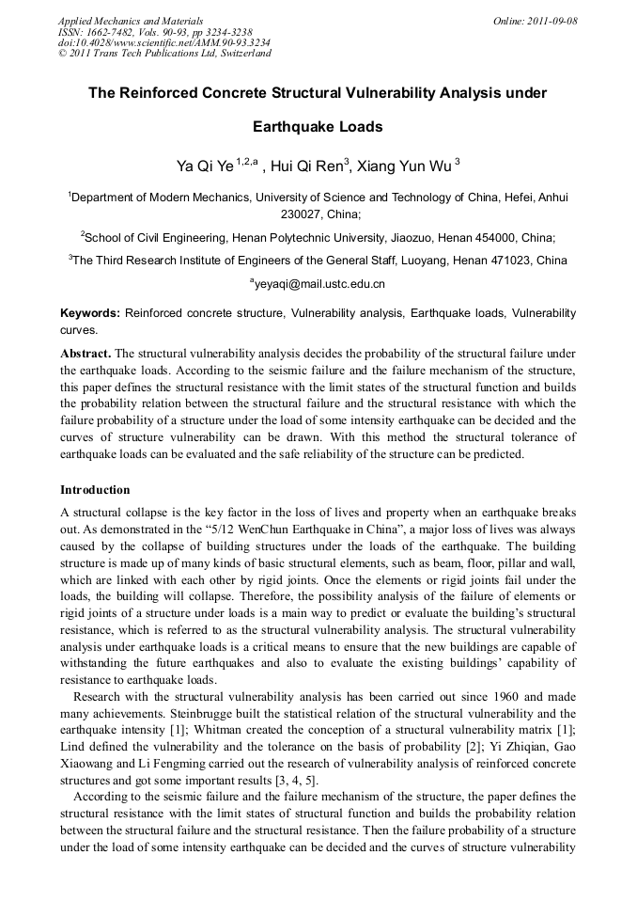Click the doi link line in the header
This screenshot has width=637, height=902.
click(x=164, y=42)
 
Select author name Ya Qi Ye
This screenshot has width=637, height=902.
click(x=204, y=167)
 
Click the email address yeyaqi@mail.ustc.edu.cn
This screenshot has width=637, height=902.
click(x=319, y=283)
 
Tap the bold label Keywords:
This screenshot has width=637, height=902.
click(x=90, y=312)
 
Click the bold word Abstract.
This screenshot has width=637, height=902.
click(x=85, y=353)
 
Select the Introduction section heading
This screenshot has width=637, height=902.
click(x=95, y=490)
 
